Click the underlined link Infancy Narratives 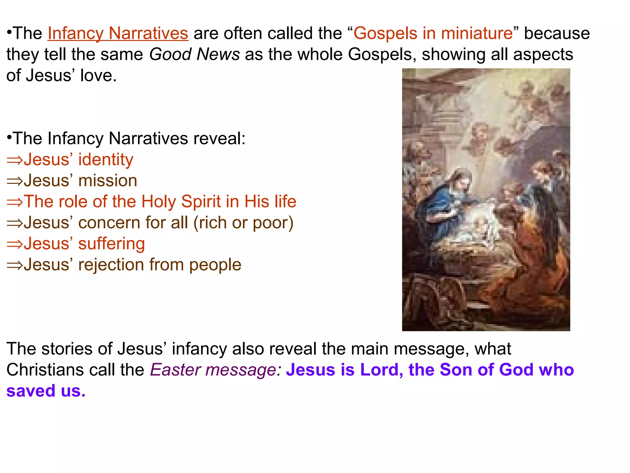coord(118,33)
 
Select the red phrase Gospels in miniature coord(433,33)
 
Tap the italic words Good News coord(194,55)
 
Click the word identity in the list coord(106,160)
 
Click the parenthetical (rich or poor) coord(243,223)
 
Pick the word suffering coord(111,244)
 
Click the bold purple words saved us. coord(46,391)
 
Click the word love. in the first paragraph coord(98,75)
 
